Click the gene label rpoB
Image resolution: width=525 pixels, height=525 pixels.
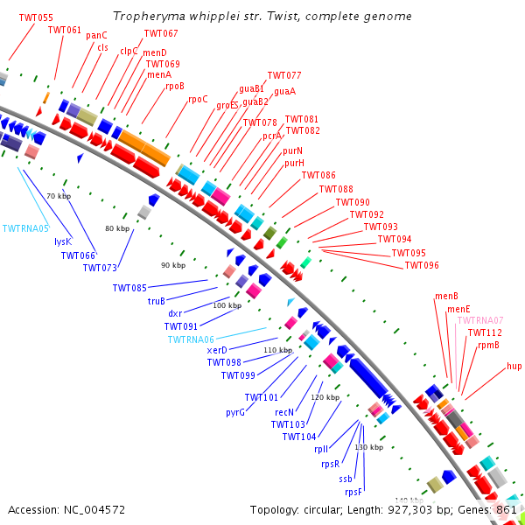click(x=175, y=86)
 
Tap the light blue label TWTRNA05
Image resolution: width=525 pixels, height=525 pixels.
click(x=26, y=228)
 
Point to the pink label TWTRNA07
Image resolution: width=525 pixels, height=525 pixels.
click(x=480, y=320)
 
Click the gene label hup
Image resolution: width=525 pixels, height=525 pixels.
click(x=514, y=366)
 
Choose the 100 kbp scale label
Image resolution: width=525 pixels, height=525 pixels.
click(x=227, y=305)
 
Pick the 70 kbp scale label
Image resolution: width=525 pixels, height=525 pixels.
click(x=58, y=196)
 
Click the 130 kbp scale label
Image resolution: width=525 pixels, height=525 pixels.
click(x=369, y=447)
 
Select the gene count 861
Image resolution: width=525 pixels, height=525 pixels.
click(x=507, y=509)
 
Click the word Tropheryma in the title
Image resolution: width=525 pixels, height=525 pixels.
click(x=143, y=17)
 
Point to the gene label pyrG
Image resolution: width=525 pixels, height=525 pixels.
click(x=235, y=412)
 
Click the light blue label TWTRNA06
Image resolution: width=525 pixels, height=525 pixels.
click(x=191, y=339)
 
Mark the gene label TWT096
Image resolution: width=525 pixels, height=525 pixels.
click(x=422, y=265)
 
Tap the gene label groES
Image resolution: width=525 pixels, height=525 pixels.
click(x=227, y=105)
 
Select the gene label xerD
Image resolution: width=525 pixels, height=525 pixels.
click(x=217, y=350)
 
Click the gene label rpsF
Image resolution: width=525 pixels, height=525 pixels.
click(x=353, y=492)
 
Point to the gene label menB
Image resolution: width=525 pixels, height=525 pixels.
click(x=447, y=297)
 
